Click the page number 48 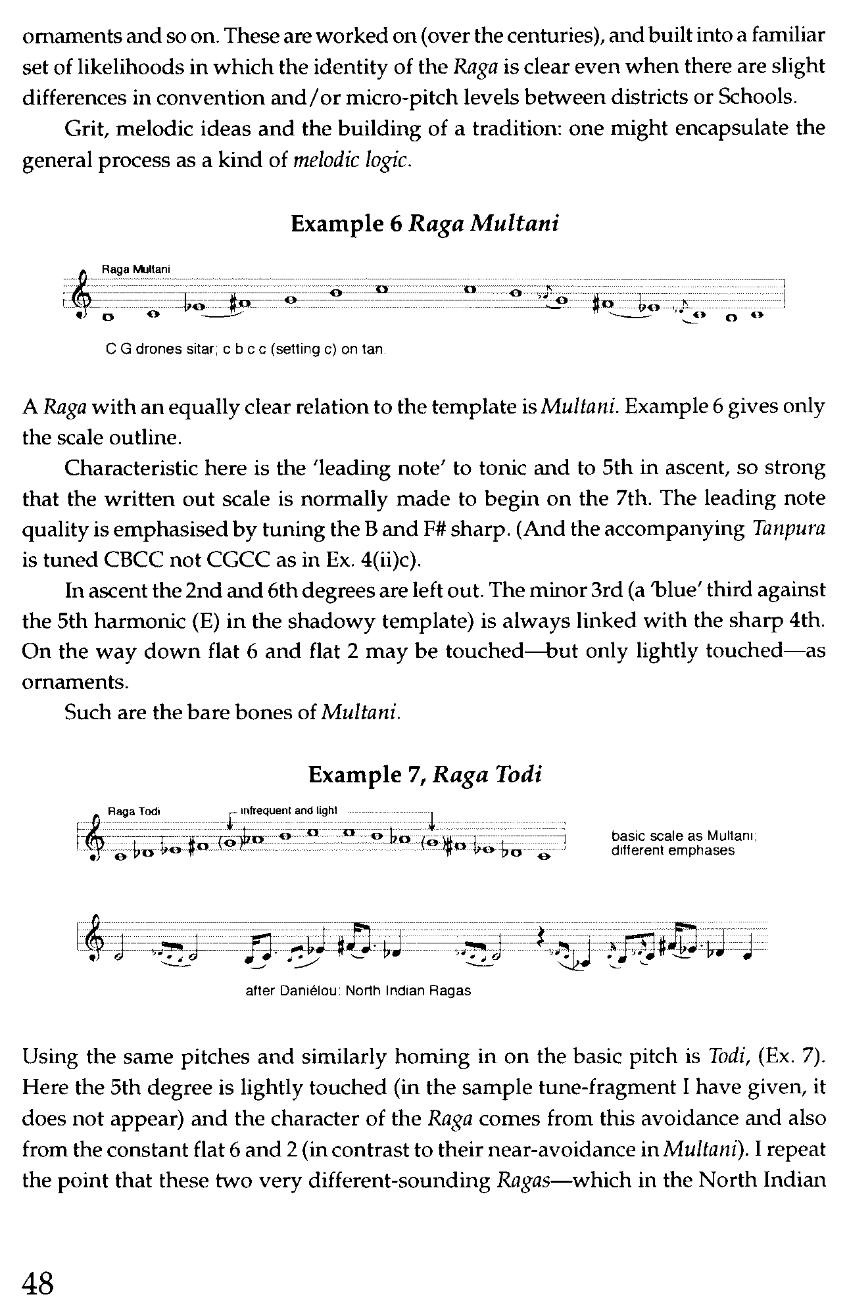point(37,1281)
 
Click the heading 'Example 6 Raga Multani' point(424,224)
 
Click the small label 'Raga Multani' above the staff point(136,269)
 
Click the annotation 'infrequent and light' point(289,811)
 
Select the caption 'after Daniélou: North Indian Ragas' point(358,990)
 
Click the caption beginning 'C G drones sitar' point(245,349)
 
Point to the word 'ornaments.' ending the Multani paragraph point(74,682)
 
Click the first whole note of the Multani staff point(108,318)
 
